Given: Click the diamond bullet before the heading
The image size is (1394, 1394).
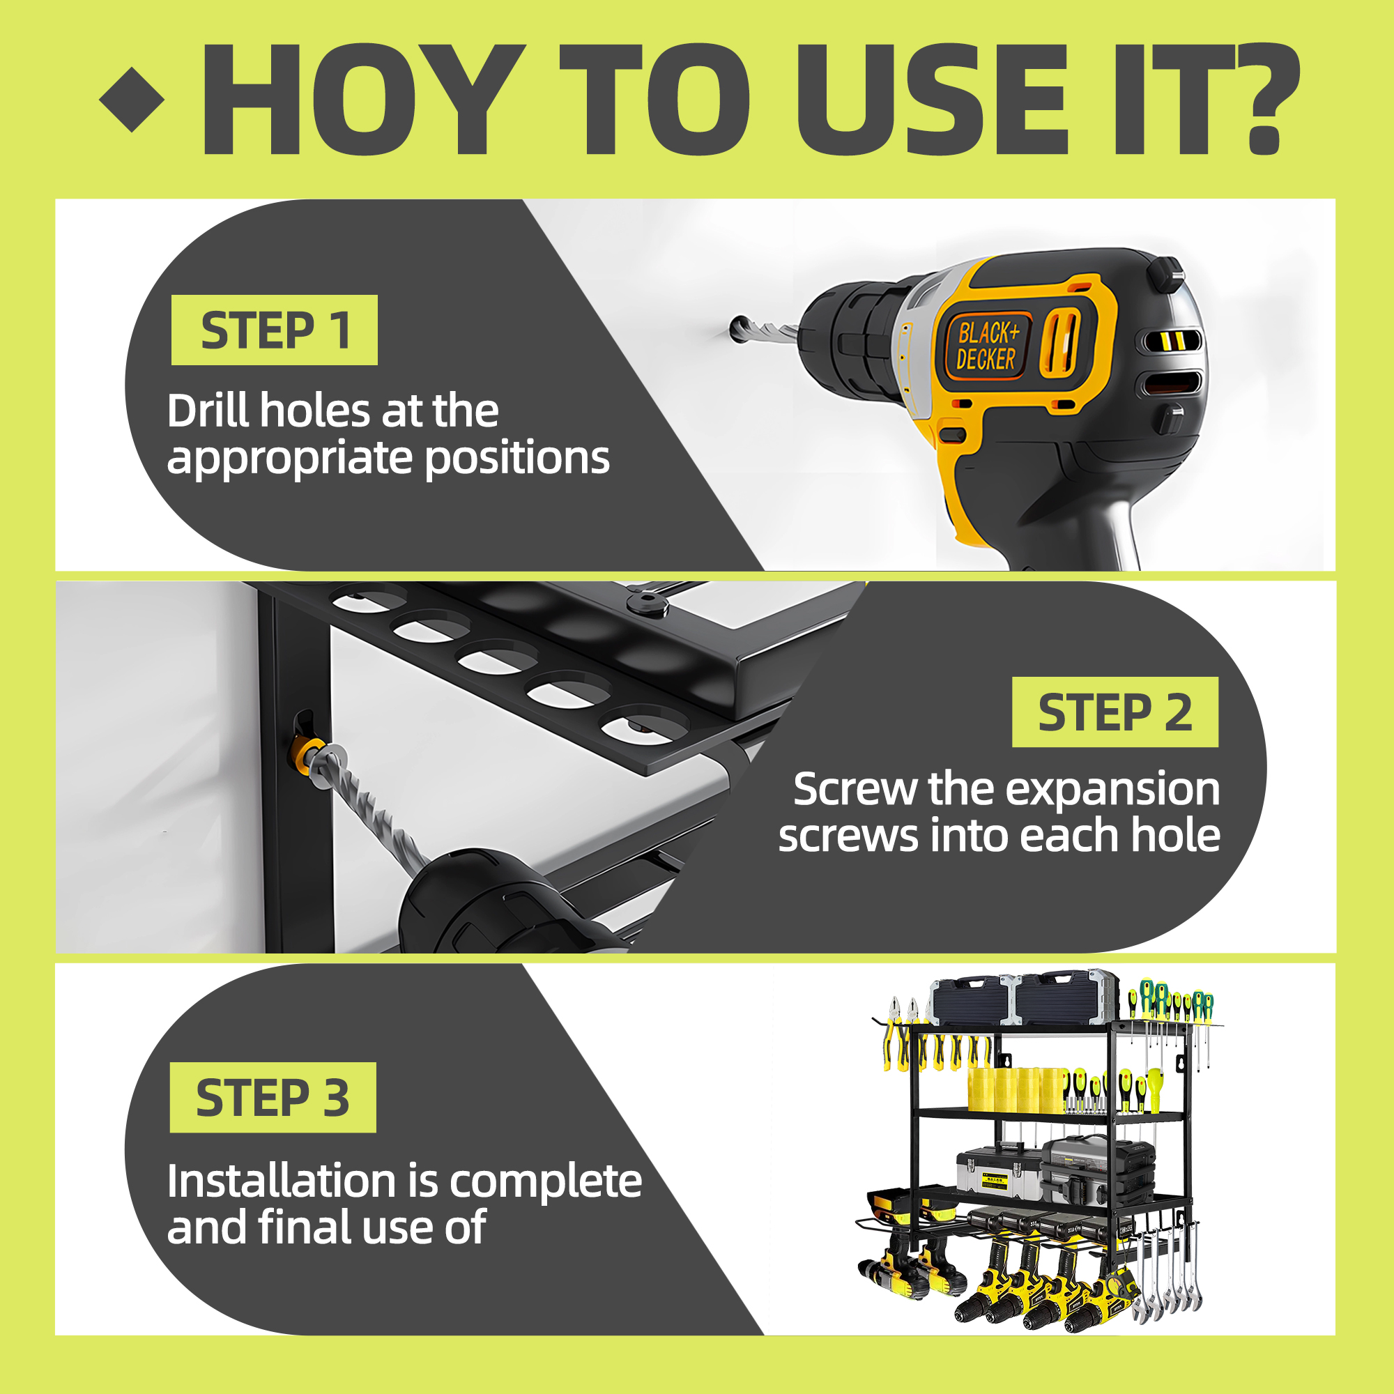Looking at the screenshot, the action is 132,100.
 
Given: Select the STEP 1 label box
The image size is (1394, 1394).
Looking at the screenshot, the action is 274,330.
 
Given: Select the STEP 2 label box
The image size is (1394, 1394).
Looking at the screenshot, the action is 1115,712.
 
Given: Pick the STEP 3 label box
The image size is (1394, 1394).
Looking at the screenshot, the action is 273,1098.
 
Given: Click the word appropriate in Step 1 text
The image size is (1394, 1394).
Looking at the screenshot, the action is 291,459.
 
